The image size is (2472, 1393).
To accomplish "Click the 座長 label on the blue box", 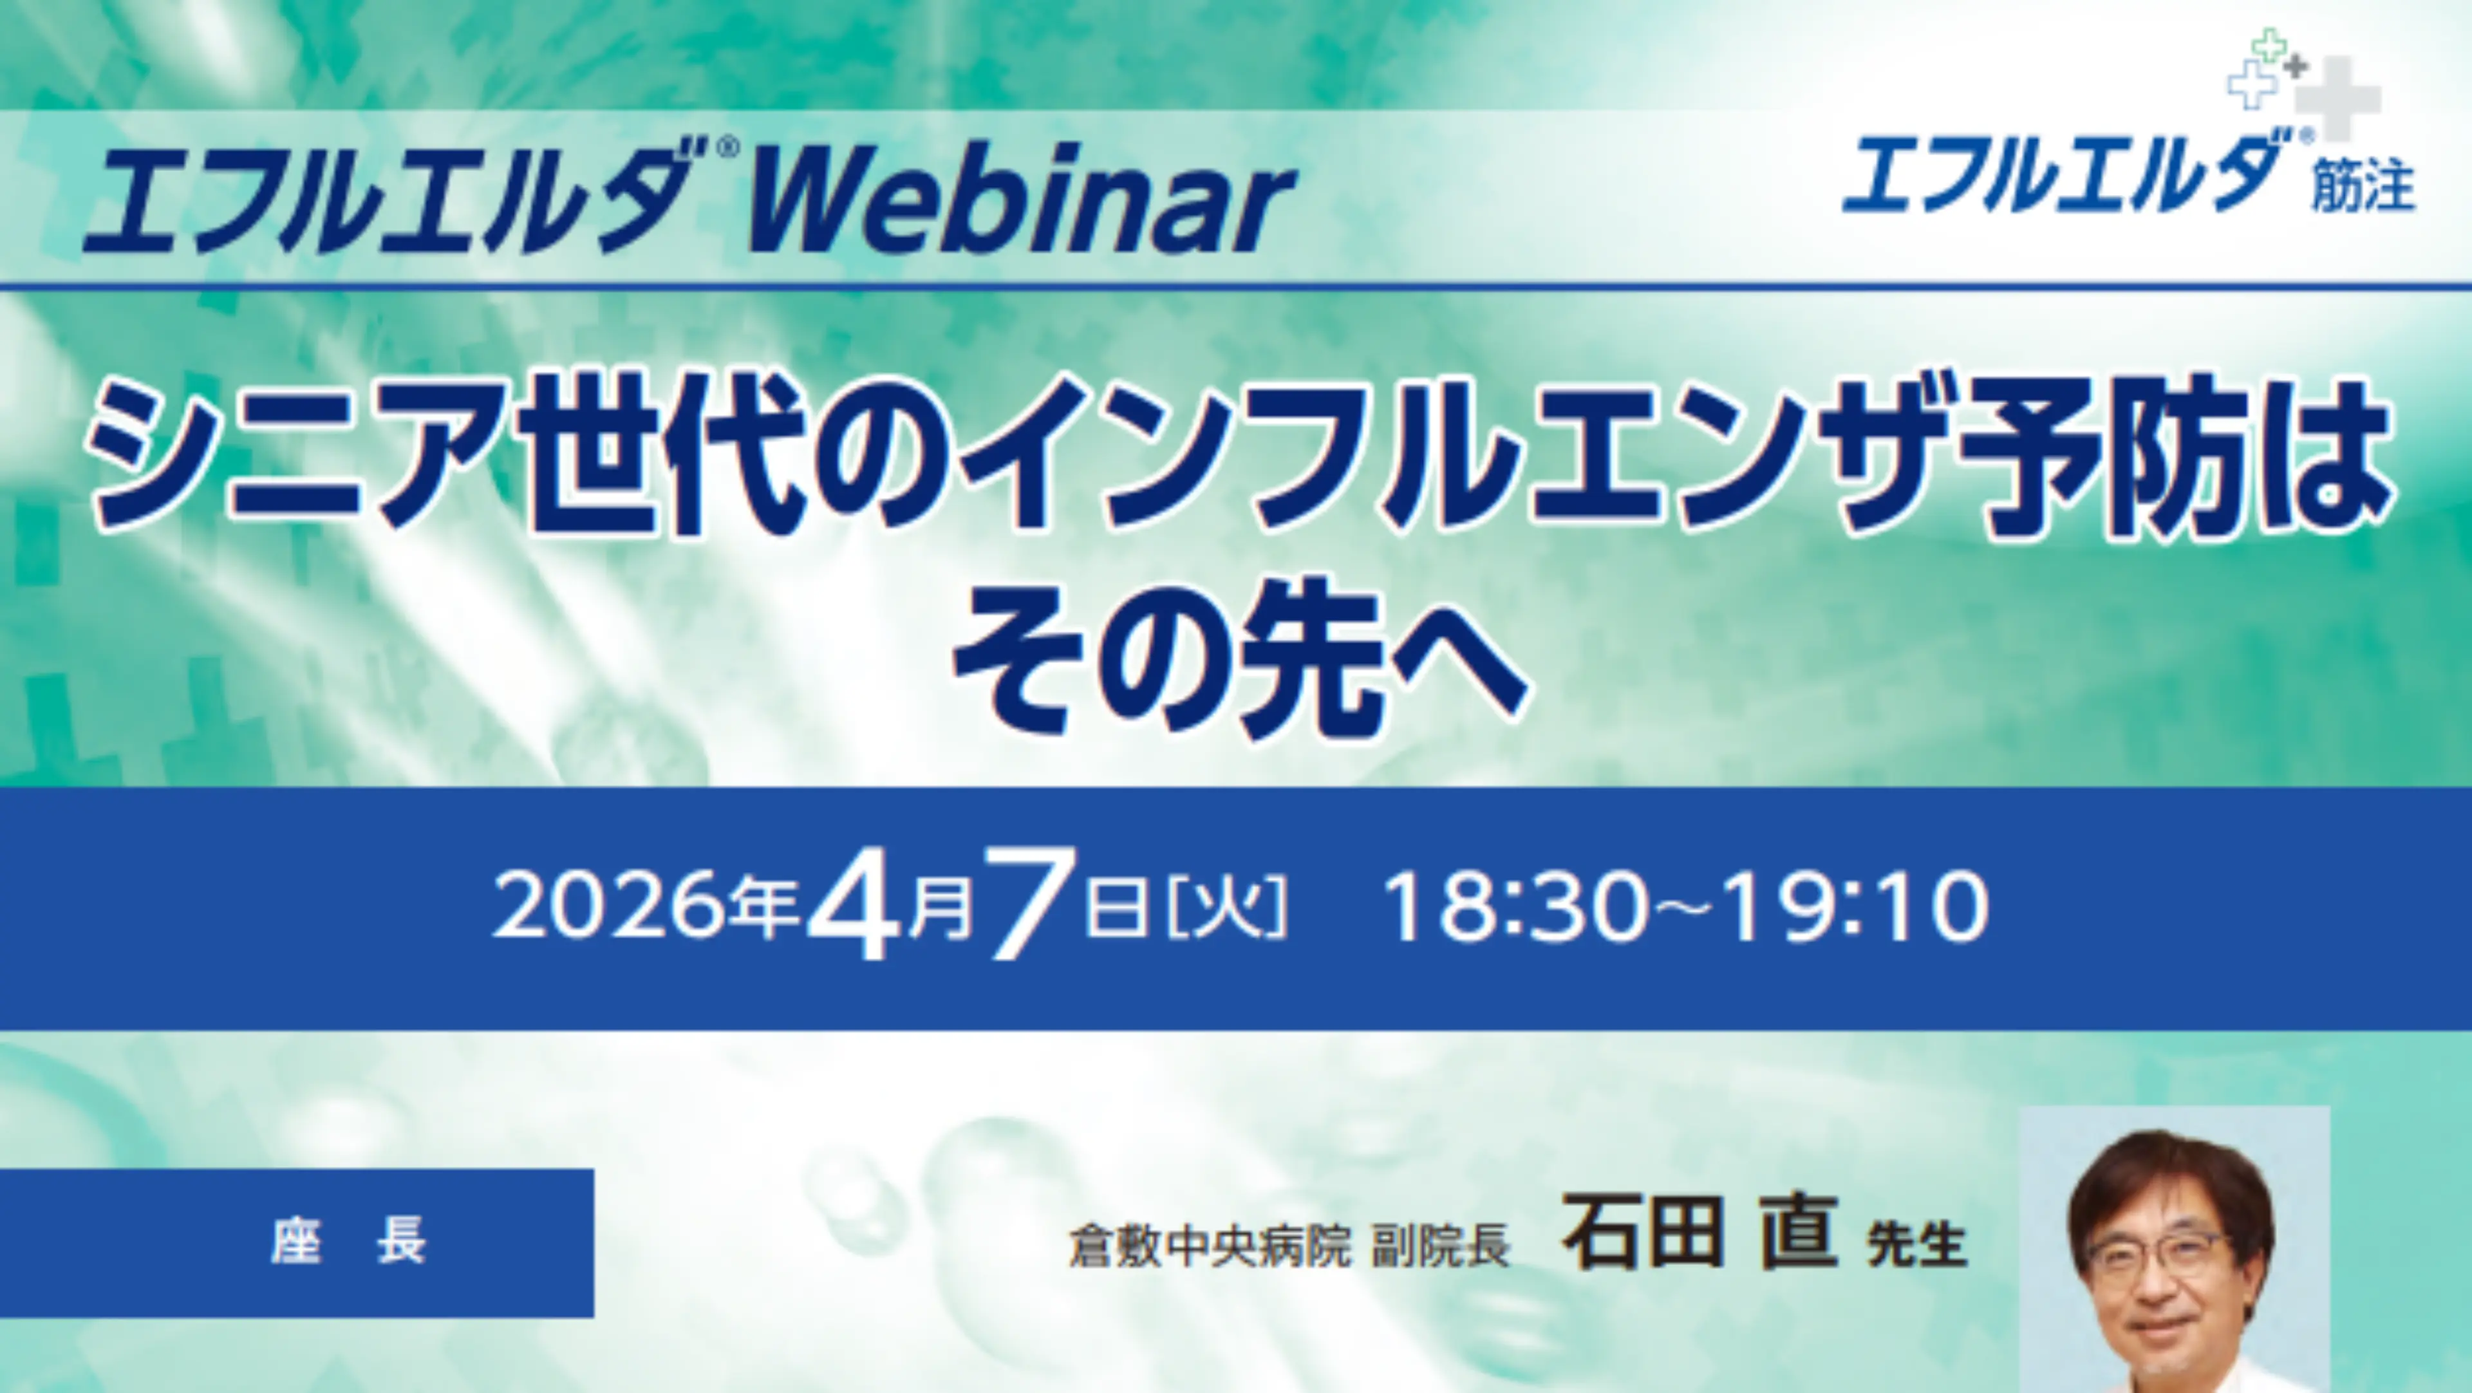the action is pyautogui.click(x=348, y=1242).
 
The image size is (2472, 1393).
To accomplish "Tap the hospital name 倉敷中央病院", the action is pyautogui.click(x=1209, y=1245).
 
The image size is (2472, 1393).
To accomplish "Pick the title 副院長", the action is pyautogui.click(x=1439, y=1245).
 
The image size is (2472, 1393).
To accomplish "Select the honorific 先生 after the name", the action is pyautogui.click(x=1916, y=1245).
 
